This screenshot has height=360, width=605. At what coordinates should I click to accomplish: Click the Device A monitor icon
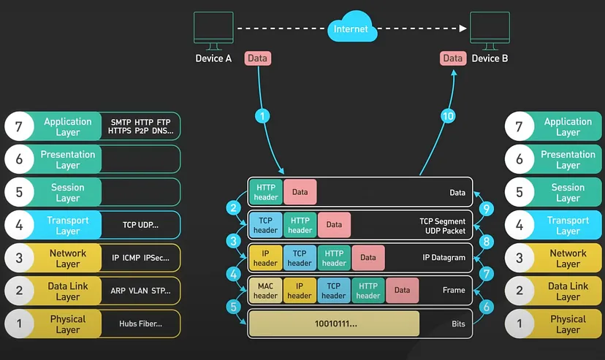pyautogui.click(x=213, y=30)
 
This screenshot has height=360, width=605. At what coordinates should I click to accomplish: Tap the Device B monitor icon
pyautogui.click(x=490, y=30)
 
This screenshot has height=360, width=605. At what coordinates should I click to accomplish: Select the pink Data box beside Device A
pyautogui.click(x=258, y=58)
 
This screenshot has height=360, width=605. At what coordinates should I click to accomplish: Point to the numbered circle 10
pyautogui.click(x=447, y=115)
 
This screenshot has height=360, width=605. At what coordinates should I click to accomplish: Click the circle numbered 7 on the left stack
pyautogui.click(x=20, y=127)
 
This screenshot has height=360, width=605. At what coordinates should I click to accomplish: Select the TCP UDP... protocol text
pyautogui.click(x=140, y=226)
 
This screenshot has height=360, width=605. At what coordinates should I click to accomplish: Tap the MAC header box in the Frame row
pyautogui.click(x=265, y=291)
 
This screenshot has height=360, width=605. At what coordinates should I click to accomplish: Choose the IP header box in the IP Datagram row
pyautogui.click(x=265, y=258)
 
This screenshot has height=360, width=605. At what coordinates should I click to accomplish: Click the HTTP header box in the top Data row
pyautogui.click(x=265, y=193)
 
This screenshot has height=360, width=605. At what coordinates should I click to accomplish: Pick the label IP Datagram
pyautogui.click(x=444, y=258)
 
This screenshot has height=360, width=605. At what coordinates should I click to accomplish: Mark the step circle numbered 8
pyautogui.click(x=487, y=241)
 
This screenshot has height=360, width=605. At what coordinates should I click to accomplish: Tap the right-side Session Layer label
pyautogui.click(x=568, y=193)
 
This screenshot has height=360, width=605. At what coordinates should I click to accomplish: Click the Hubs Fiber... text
pyautogui.click(x=140, y=323)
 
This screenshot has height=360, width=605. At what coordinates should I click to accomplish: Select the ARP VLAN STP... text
pyautogui.click(x=140, y=291)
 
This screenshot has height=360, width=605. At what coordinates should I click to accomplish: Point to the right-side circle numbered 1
pyautogui.click(x=520, y=324)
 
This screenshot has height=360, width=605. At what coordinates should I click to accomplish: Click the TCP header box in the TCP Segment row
pyautogui.click(x=265, y=225)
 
